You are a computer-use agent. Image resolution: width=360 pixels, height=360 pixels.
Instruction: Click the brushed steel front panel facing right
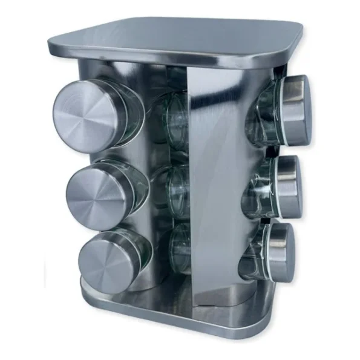click(215, 182)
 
